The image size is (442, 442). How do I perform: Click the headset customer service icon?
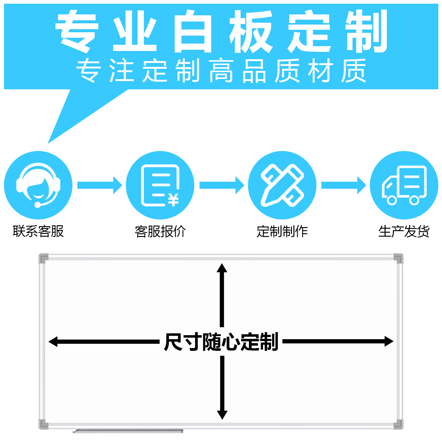pos(38,185)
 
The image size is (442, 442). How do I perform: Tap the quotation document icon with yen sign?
pos(160,185)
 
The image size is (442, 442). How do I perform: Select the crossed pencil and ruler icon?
pos(282,185)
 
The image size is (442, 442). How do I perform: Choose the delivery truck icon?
pos(404,185)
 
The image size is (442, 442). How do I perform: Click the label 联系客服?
pos(38,231)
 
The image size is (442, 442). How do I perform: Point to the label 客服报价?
pos(160,231)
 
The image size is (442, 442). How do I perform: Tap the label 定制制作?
pos(282,231)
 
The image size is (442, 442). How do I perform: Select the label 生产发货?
pos(404,231)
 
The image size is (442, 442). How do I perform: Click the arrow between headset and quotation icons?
pos(99,185)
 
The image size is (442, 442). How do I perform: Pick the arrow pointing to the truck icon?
pos(343,185)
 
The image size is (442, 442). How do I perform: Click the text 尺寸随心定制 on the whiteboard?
pos(221,342)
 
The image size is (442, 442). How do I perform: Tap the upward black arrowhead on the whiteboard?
pos(222,268)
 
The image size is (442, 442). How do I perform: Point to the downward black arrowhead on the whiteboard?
pos(222,415)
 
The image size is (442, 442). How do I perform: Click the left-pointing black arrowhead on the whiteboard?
pos(53,342)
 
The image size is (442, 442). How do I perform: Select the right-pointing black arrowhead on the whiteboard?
pos(389,341)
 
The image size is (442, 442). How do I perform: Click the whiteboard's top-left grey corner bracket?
pos(43,258)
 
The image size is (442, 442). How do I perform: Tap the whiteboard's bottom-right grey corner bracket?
pos(398,425)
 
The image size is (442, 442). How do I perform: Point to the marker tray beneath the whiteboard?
pos(128,431)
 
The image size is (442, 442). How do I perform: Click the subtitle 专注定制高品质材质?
pos(221,71)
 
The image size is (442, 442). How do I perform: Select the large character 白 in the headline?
pos(193,31)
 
